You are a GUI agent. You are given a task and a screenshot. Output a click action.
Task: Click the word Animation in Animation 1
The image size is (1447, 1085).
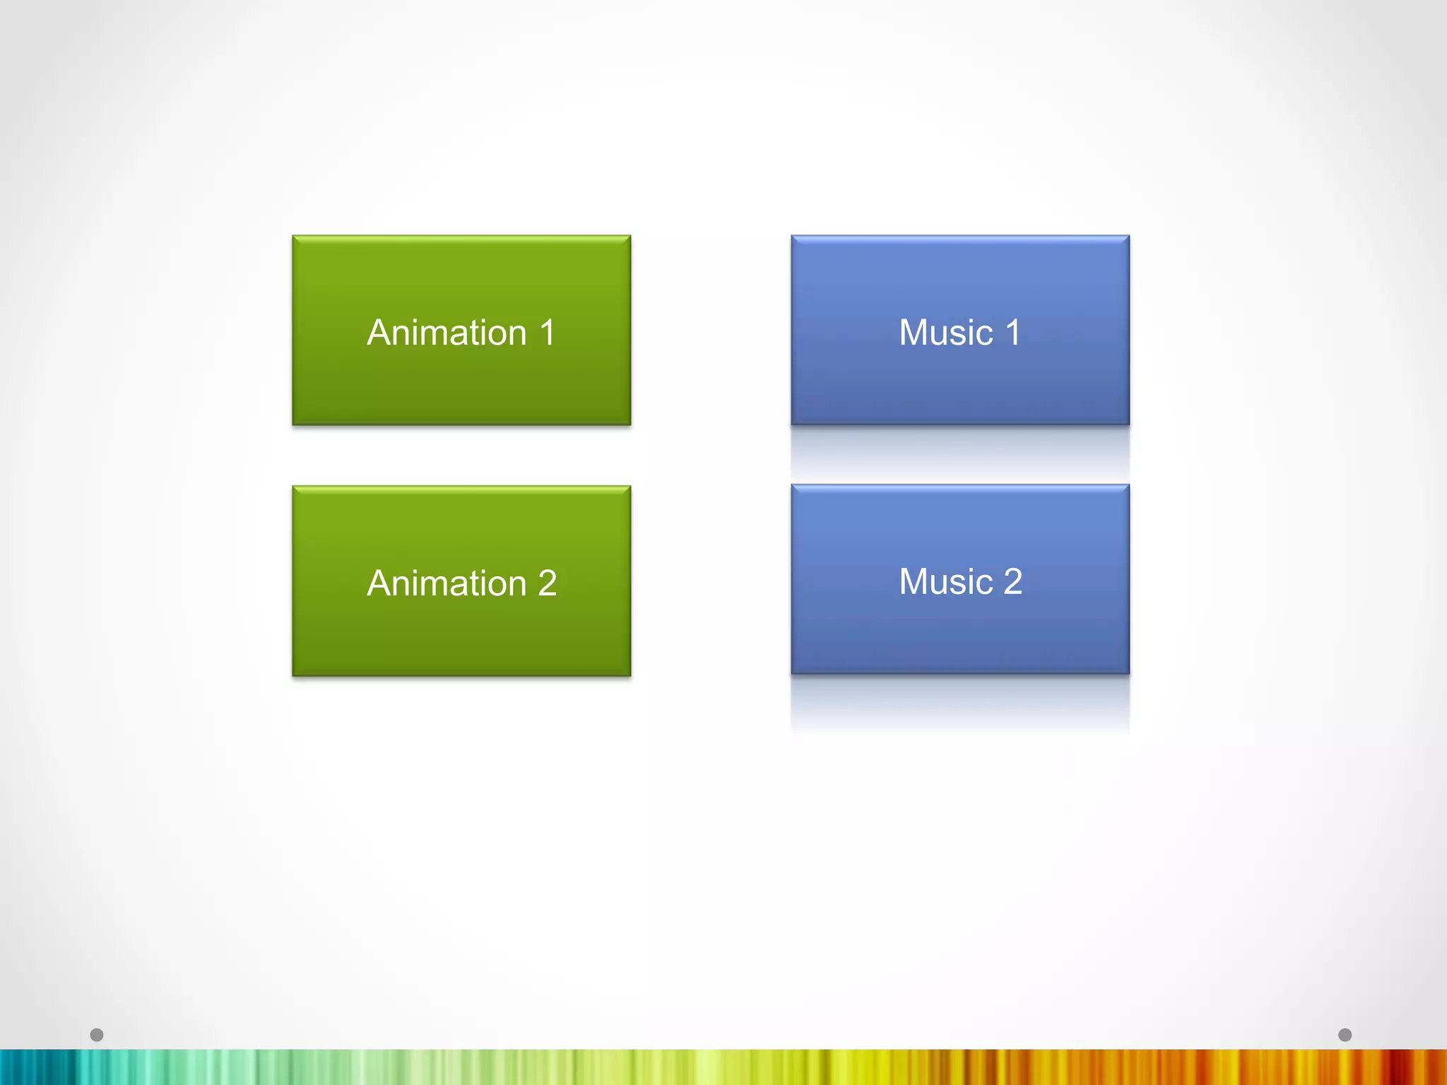click(447, 333)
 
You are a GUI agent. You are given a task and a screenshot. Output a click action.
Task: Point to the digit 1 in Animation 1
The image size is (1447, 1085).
click(547, 333)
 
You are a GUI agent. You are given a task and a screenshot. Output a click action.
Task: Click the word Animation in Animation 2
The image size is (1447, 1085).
click(447, 583)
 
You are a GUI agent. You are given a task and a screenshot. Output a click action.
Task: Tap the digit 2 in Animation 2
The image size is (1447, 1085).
click(547, 583)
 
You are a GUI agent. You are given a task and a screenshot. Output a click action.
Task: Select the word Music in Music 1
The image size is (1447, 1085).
click(946, 333)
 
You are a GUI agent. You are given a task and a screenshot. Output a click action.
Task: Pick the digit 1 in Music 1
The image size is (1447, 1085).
click(1012, 333)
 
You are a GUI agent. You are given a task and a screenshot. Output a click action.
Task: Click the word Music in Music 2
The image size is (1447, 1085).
click(946, 582)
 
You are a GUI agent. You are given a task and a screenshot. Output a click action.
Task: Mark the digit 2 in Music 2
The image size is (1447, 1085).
click(1012, 582)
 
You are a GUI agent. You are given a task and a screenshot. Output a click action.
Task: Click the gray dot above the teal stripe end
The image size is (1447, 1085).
click(97, 1035)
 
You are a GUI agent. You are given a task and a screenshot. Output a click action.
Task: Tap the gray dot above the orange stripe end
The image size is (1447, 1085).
click(1345, 1035)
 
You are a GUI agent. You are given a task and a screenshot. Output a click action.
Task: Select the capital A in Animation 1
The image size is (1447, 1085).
click(381, 333)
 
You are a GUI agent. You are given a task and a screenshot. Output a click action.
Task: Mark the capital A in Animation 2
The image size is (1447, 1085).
click(381, 583)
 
